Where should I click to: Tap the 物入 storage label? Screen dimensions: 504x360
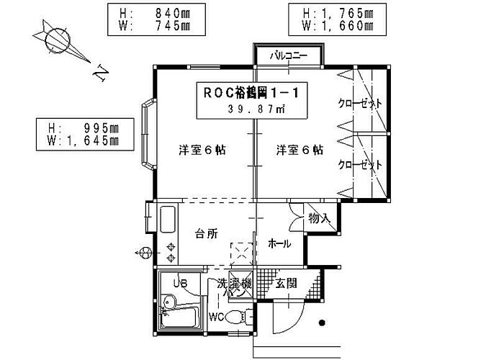[x=318, y=217]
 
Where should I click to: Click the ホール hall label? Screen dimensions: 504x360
[x=279, y=243]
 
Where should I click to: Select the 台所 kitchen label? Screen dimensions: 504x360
[x=206, y=233]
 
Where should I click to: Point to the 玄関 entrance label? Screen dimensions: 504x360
[x=287, y=283]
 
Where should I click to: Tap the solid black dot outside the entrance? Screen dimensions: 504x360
[x=323, y=323]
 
